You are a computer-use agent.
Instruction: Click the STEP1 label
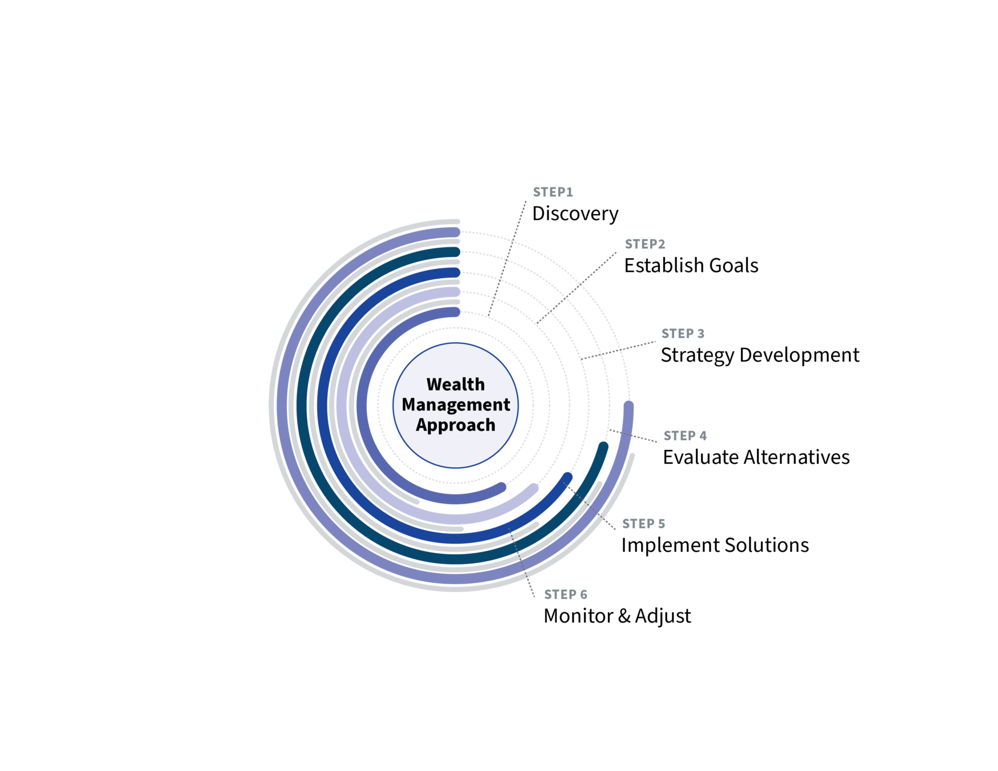pos(552,192)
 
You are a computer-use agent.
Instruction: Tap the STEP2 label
pos(645,244)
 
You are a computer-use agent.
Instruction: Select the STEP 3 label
pos(683,334)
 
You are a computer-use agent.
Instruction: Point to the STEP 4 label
pos(684,436)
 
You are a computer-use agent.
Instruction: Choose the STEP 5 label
pos(643,524)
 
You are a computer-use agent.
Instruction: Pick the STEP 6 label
pos(565,595)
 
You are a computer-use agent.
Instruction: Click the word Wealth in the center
pos(455,384)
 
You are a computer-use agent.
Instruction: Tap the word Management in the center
pos(455,404)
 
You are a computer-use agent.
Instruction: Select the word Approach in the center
pos(455,425)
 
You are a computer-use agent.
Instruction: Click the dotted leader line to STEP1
pos(508,257)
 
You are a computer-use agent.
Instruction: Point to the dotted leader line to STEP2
pos(577,288)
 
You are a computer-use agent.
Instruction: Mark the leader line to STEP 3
pos(620,350)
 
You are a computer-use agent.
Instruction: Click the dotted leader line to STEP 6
pos(522,563)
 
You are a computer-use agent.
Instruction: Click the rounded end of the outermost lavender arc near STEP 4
pos(628,407)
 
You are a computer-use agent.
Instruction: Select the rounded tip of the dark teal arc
pos(603,447)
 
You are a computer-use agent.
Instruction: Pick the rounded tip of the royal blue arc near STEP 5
pos(567,477)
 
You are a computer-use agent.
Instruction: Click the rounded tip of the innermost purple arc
pos(501,487)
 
